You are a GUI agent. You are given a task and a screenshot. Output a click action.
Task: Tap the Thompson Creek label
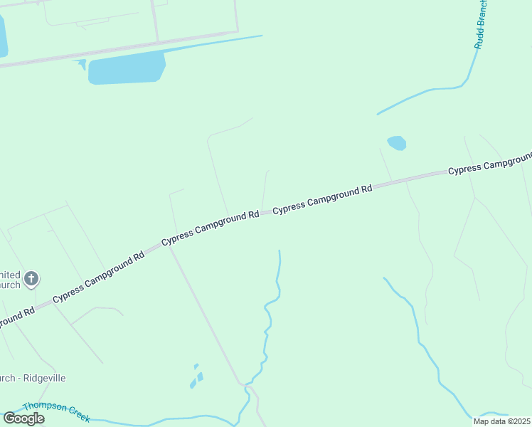click(55, 411)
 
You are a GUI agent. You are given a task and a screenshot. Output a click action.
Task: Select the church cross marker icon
click(31, 278)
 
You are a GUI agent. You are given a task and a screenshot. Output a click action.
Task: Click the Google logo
click(23, 418)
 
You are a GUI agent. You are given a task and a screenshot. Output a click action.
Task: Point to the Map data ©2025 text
click(502, 421)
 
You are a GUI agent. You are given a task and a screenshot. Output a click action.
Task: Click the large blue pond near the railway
click(127, 70)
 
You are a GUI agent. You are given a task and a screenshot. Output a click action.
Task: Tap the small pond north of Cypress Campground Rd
click(397, 143)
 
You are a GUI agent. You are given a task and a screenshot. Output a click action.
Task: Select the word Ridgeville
click(44, 378)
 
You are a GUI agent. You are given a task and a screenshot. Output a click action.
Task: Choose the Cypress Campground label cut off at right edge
click(489, 164)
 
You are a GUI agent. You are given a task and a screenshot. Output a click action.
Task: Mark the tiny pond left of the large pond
click(82, 64)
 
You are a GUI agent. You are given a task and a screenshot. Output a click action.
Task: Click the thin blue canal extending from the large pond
click(213, 44)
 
